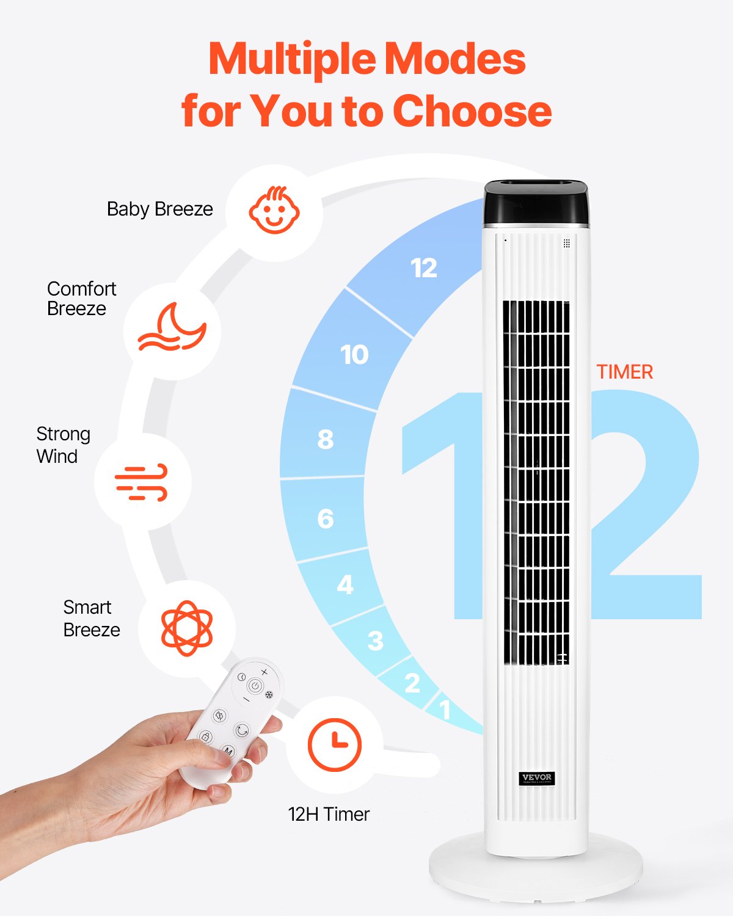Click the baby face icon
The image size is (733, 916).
pos(274,211)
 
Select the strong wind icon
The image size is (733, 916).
pos(142,482)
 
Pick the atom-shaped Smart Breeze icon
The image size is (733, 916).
pos(187,628)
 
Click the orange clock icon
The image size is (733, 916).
pos(334,744)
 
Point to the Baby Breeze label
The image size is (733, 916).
pos(160,209)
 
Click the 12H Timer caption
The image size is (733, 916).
pos(329,814)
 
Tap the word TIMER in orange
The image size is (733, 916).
pos(625,372)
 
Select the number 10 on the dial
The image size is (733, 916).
pos(354,355)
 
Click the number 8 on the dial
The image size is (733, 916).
pos(326,439)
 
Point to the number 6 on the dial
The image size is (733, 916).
pos(326,519)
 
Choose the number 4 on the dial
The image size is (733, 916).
pos(345,585)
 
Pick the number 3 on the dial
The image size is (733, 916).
pos(376,641)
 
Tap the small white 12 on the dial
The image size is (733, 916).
pos(424,268)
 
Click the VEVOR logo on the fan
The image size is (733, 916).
pos(537,778)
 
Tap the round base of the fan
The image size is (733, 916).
pos(535,873)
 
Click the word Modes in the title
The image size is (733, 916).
pos(454,59)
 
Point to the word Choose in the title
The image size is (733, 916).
pos(472,111)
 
